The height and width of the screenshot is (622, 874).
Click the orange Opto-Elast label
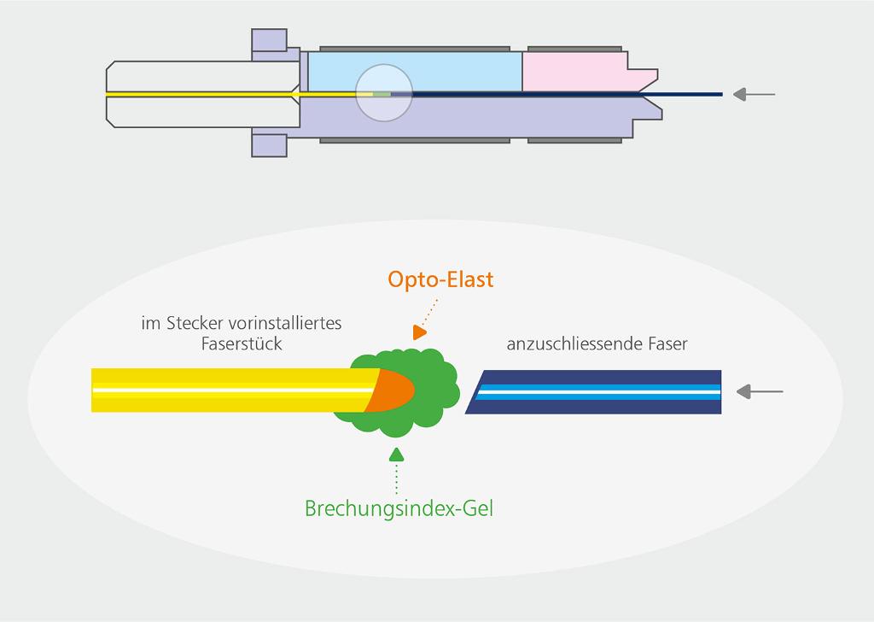click(x=440, y=279)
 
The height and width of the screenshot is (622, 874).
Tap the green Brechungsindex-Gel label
click(x=399, y=508)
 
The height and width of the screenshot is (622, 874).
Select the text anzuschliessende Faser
click(x=597, y=344)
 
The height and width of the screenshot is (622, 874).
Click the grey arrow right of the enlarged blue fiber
click(x=759, y=391)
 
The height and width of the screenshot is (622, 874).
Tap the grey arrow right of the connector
click(x=754, y=94)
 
